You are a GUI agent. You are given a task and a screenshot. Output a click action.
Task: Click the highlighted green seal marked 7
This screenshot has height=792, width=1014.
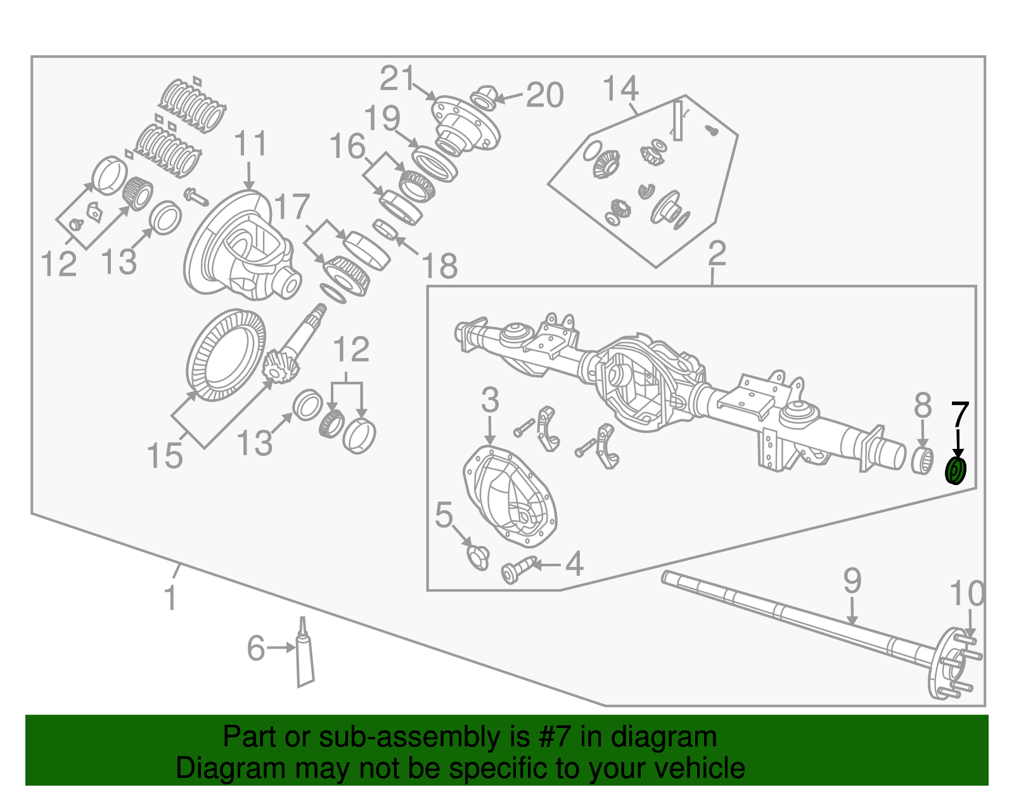point(955,471)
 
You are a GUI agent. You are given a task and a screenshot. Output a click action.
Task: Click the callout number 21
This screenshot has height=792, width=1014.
point(397,79)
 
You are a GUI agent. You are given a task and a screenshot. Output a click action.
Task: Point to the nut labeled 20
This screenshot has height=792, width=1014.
point(484,97)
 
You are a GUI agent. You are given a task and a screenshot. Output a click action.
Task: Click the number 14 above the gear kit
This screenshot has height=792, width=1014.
point(620,89)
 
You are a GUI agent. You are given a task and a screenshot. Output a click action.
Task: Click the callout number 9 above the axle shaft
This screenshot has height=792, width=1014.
point(852,581)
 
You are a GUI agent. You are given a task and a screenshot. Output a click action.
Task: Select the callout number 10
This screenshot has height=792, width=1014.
point(967,594)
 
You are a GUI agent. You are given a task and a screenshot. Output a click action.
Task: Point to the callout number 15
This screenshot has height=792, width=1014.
point(165,455)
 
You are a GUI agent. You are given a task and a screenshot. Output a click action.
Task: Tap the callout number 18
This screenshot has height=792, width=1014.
point(439,266)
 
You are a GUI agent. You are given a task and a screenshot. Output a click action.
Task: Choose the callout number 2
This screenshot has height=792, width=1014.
point(717,254)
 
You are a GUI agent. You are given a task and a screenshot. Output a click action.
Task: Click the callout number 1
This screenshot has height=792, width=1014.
point(170,598)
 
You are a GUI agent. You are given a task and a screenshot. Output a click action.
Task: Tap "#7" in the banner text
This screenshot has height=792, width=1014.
point(555,737)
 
